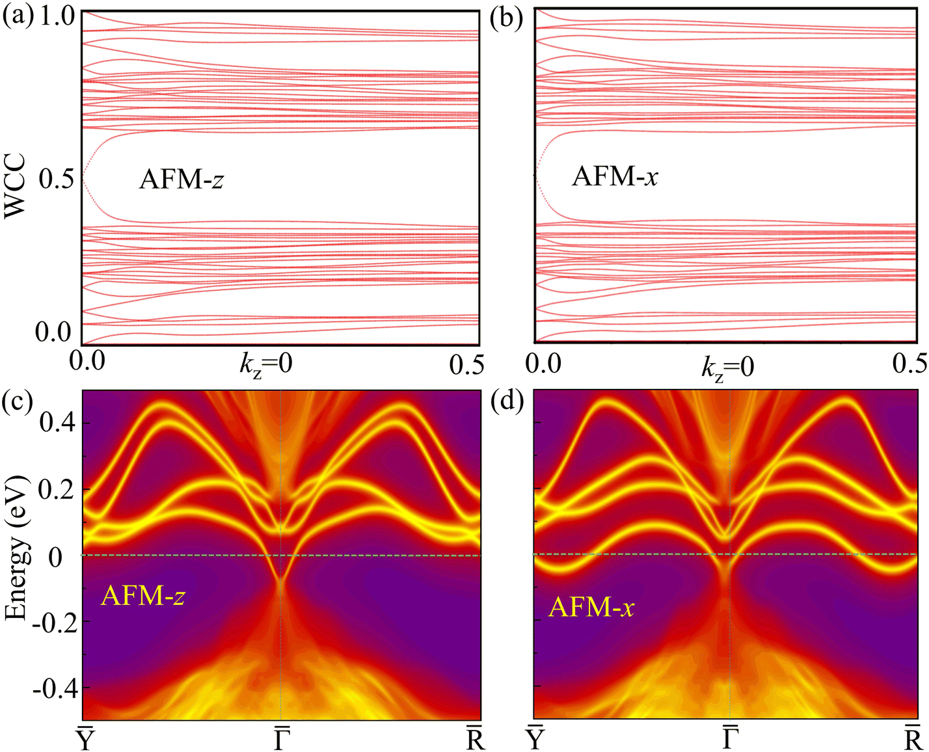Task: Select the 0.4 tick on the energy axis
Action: click(x=57, y=423)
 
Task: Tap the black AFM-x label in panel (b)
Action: click(x=615, y=176)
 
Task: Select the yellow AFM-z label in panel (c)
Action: click(x=143, y=595)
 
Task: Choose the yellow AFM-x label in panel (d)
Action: click(x=591, y=607)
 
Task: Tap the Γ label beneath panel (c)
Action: click(x=281, y=738)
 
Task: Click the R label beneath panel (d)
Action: click(x=912, y=738)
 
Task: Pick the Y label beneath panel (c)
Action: click(x=86, y=738)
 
